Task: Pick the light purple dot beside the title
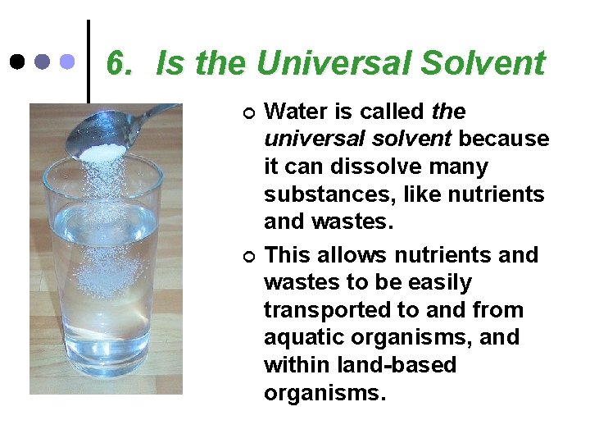click(x=69, y=62)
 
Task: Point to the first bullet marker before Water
click(x=250, y=112)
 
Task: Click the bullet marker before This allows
click(x=250, y=256)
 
